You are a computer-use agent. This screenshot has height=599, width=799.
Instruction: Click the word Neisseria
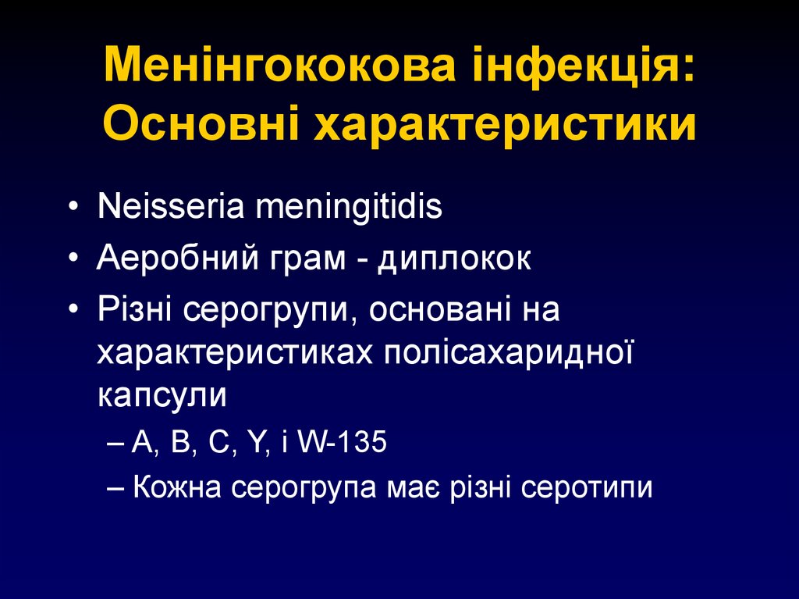click(x=164, y=208)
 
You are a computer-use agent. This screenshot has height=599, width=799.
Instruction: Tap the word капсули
click(x=162, y=395)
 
